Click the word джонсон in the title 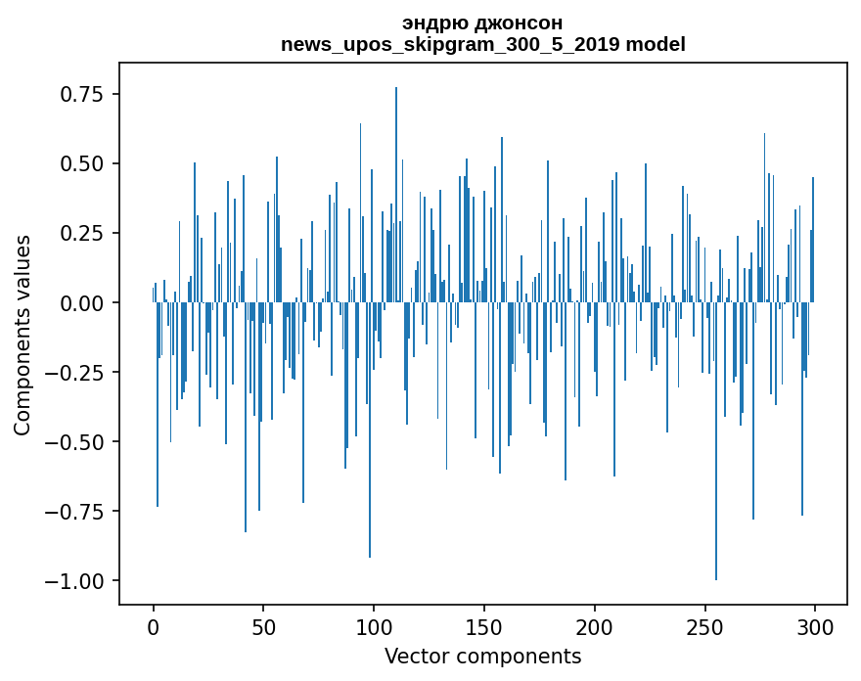click(521, 23)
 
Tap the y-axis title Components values click(23, 335)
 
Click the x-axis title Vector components click(482, 657)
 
